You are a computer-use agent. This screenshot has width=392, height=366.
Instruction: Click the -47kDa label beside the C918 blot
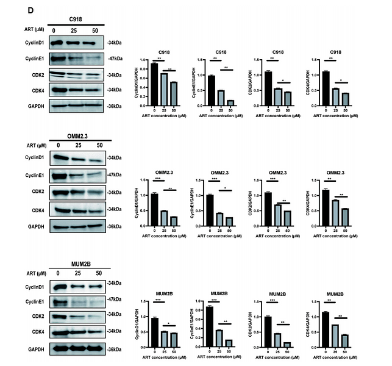tap(115, 59)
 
